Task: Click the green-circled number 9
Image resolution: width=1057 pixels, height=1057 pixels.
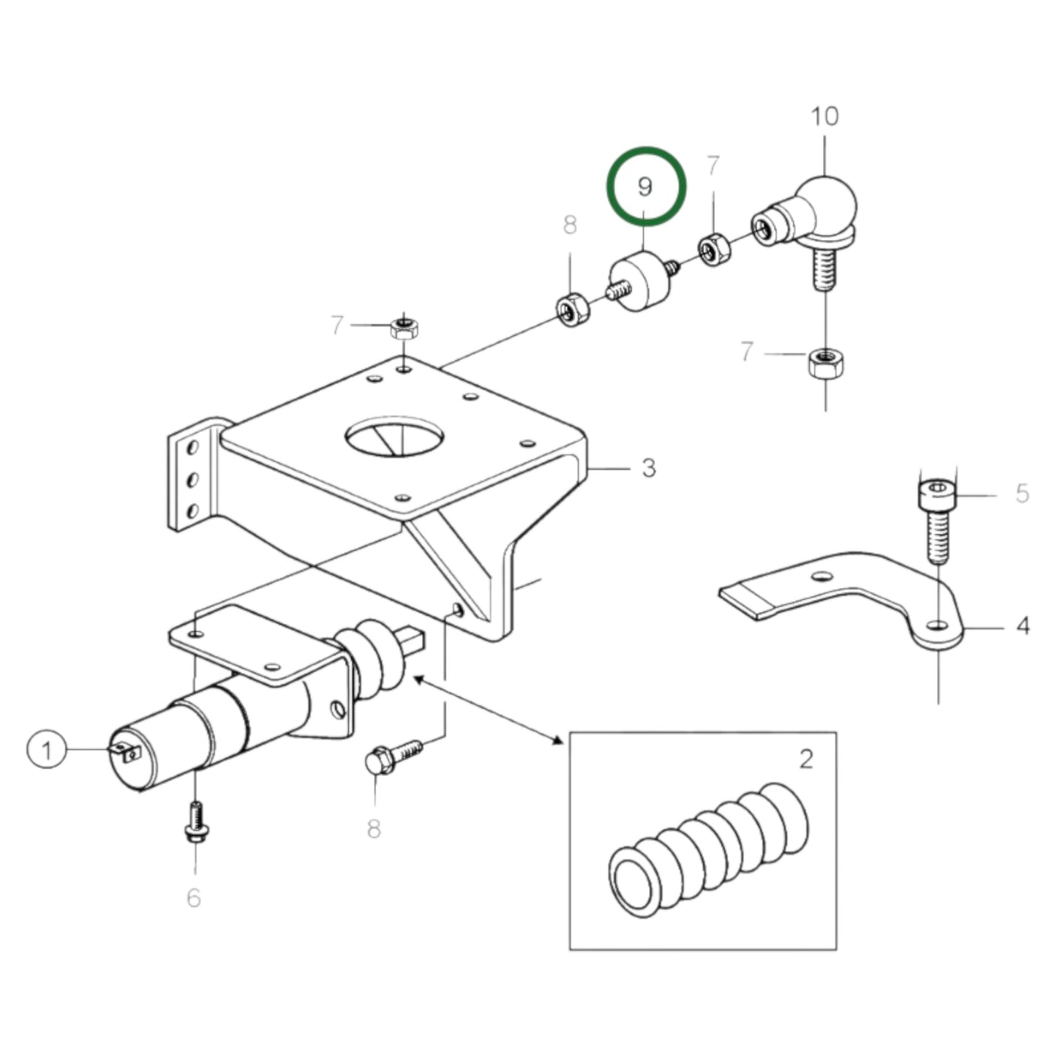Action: click(645, 187)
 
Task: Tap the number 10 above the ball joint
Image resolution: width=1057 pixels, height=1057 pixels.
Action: click(824, 116)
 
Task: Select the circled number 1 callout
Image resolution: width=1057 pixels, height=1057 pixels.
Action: click(47, 751)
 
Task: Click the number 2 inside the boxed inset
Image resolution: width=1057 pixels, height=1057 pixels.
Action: click(805, 759)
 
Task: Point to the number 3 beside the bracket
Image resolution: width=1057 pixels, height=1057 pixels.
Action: click(649, 467)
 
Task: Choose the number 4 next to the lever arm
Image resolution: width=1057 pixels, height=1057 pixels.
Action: click(1023, 626)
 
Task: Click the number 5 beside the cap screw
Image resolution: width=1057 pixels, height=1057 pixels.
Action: click(1022, 494)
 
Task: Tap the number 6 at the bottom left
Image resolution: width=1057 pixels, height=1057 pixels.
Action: click(193, 898)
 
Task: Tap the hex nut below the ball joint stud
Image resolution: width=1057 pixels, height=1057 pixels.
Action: click(824, 362)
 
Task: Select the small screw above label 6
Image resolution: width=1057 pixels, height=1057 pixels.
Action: click(195, 823)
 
